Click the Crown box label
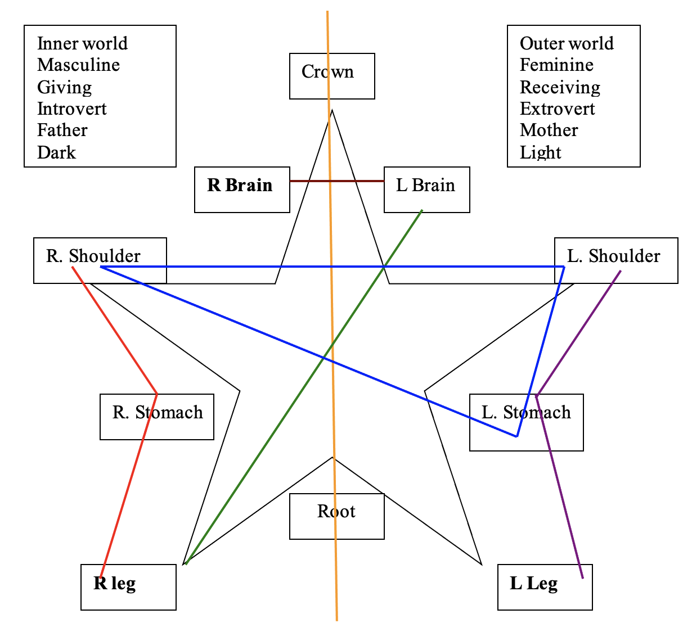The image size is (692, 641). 327,72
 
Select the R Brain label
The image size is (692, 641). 240,186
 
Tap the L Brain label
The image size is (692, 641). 425,186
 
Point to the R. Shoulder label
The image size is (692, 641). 93,256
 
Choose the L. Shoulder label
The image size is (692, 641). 613,256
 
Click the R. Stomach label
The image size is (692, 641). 158,413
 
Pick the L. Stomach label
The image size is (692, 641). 526,413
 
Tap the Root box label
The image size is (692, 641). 336,512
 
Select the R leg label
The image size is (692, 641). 115,584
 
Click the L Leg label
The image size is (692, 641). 533,584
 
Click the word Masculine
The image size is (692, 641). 78,65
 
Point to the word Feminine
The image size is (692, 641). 556,65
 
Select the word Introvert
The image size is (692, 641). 71,109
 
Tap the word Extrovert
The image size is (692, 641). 557,109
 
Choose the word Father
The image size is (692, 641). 62,130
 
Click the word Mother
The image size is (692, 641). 549,130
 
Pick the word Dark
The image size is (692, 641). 56,152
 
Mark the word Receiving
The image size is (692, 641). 560,87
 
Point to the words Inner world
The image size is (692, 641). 82,44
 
